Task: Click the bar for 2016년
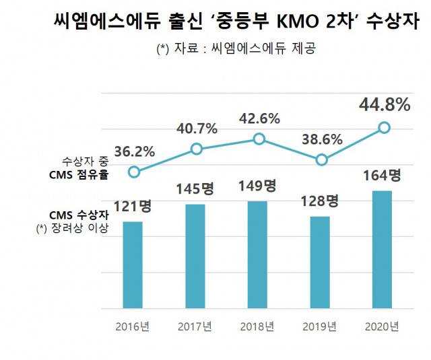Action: (x=133, y=264)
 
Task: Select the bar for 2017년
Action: (x=195, y=256)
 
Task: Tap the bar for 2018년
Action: (x=258, y=254)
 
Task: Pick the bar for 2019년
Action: (x=321, y=262)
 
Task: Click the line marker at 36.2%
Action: (x=133, y=172)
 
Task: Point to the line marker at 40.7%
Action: (x=196, y=149)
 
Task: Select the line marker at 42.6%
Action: (x=259, y=139)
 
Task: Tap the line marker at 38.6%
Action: (x=321, y=159)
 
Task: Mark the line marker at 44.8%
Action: (x=384, y=127)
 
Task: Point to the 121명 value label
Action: (x=132, y=206)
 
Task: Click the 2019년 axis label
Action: (x=321, y=327)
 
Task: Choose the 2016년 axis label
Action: (x=133, y=327)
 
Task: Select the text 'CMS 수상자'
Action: (x=79, y=215)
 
